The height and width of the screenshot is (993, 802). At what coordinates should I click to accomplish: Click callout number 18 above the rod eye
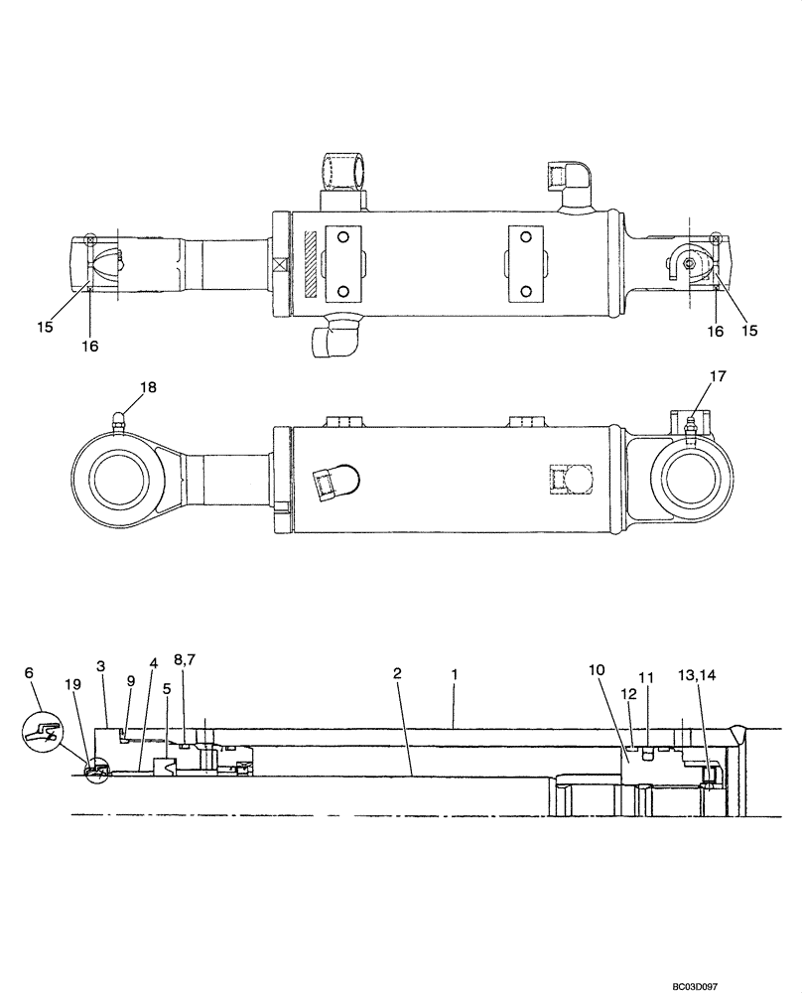click(147, 387)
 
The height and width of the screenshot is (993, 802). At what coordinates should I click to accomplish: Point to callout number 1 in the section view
click(454, 673)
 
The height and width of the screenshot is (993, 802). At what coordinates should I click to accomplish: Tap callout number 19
click(71, 685)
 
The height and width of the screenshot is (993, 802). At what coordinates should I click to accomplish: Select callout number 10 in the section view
click(596, 670)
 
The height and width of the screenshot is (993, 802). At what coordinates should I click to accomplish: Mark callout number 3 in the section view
click(100, 665)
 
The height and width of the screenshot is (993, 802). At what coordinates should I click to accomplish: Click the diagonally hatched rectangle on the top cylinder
click(311, 263)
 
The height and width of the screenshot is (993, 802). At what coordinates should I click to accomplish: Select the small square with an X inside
click(278, 266)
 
